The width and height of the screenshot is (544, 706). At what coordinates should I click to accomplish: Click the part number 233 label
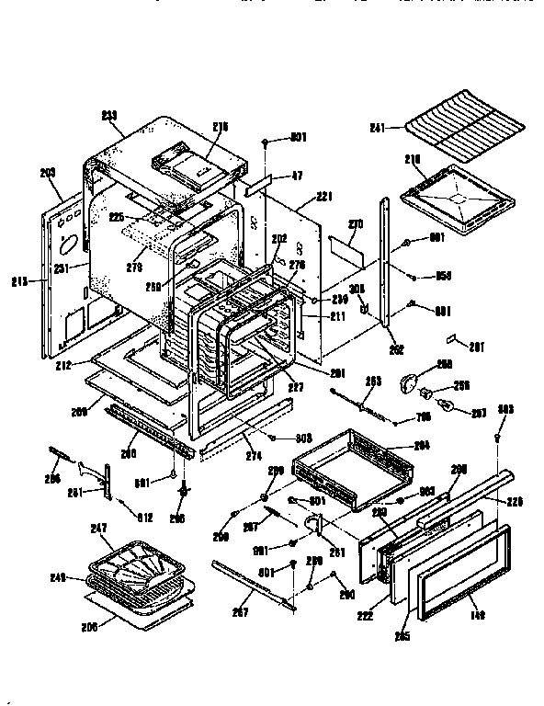(x=109, y=114)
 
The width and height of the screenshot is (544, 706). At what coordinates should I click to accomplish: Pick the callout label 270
(x=357, y=223)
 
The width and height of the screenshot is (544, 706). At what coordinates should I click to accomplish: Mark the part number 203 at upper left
(x=48, y=172)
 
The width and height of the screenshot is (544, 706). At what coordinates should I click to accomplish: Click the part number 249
(x=57, y=577)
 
